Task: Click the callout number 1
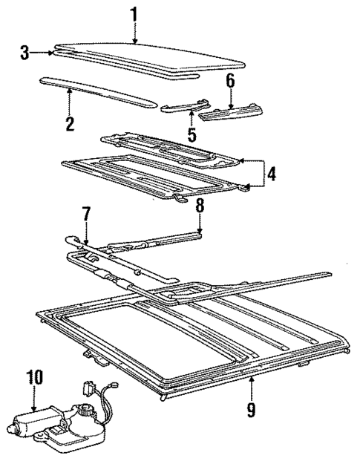point(134,13)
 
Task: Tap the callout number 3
point(25,53)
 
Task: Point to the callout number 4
point(272,174)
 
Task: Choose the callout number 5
point(192,135)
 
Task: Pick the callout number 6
point(230,79)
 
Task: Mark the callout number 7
point(86,215)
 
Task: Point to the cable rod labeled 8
point(163,240)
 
